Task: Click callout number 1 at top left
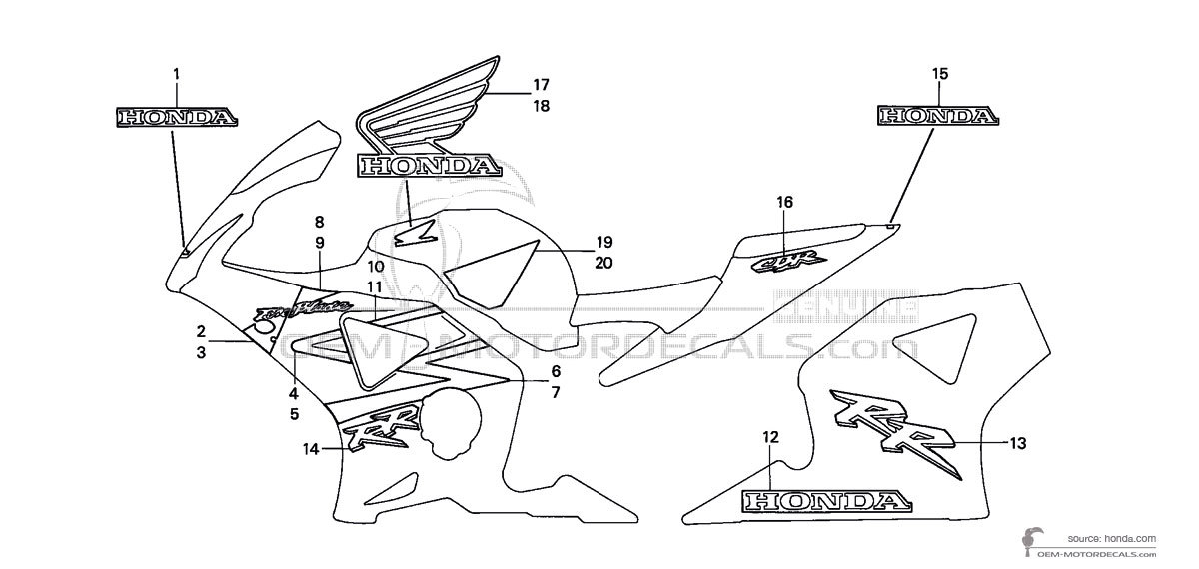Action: click(176, 73)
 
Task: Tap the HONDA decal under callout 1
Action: click(177, 117)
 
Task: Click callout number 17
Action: click(541, 84)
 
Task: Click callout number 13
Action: click(1018, 442)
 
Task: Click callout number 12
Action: click(769, 436)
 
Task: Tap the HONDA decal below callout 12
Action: click(824, 500)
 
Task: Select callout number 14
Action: click(311, 449)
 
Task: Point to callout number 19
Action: click(603, 242)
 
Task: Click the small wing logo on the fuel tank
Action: click(412, 234)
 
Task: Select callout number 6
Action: click(555, 371)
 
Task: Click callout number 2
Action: click(201, 331)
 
